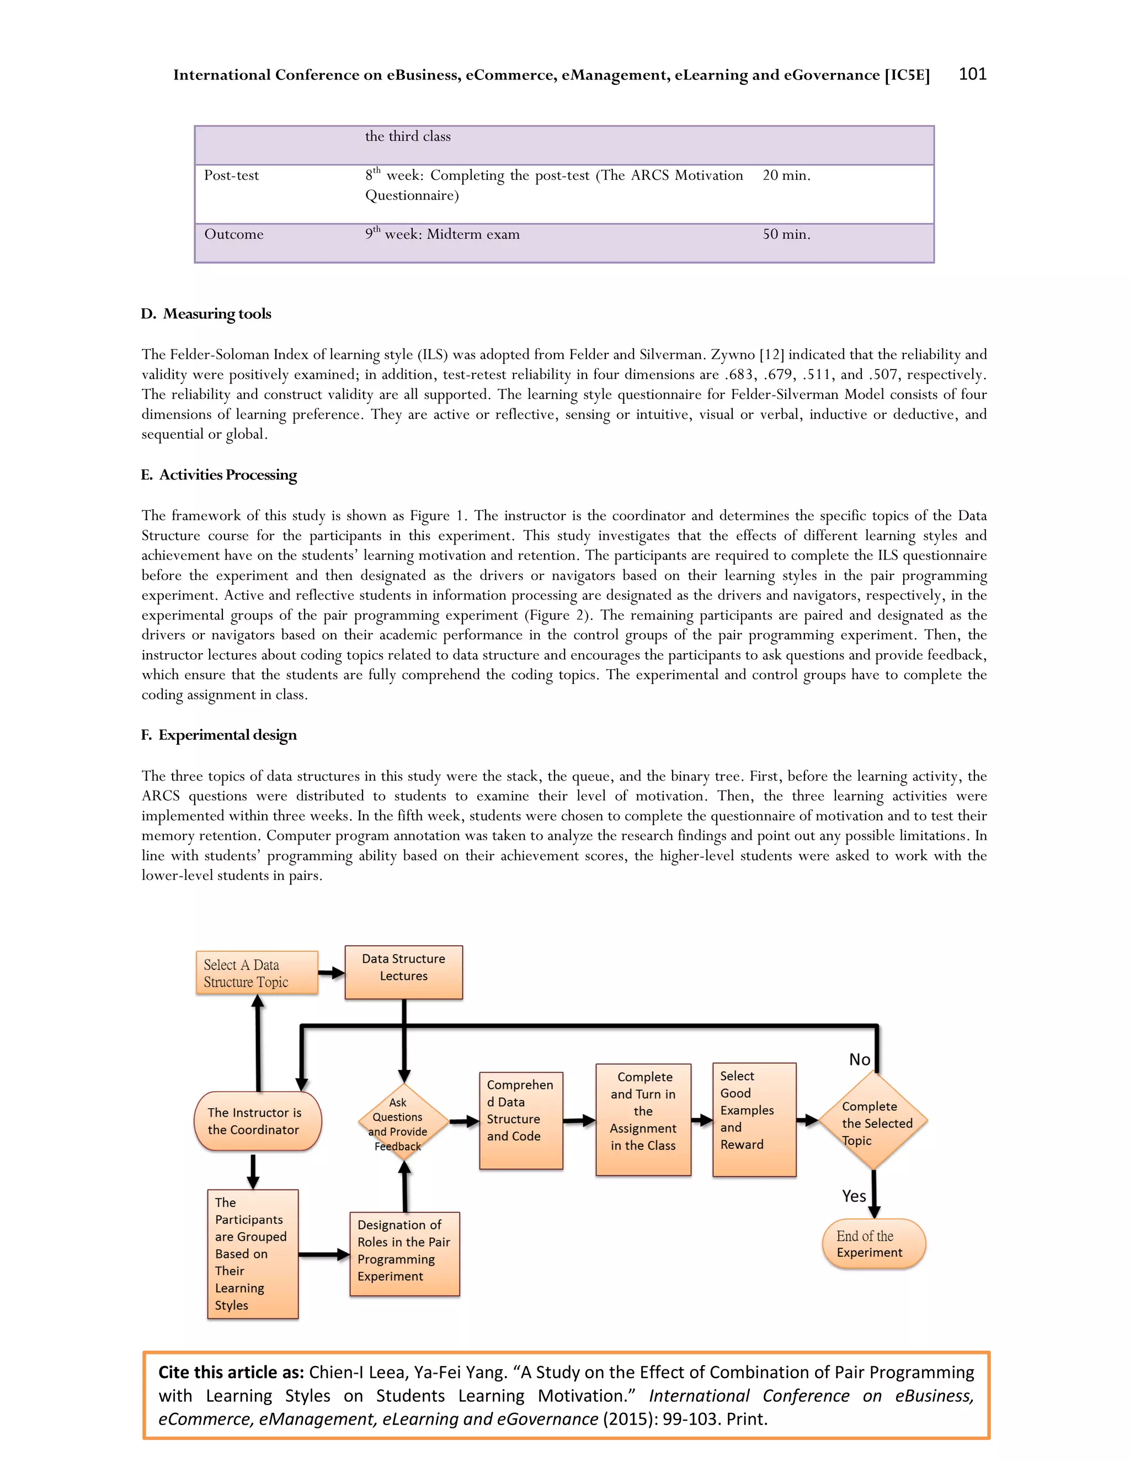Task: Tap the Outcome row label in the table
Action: (233, 234)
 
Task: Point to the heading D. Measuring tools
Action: (206, 314)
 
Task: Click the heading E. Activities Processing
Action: (219, 474)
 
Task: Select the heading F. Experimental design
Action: (219, 735)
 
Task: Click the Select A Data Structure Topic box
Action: (257, 973)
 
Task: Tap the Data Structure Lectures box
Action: (404, 972)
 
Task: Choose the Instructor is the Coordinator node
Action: (258, 1121)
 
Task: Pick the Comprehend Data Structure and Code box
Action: (521, 1120)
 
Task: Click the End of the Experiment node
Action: (873, 1244)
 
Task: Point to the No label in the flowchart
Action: (860, 1060)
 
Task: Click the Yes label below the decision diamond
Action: (854, 1196)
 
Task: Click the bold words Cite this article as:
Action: (231, 1372)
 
